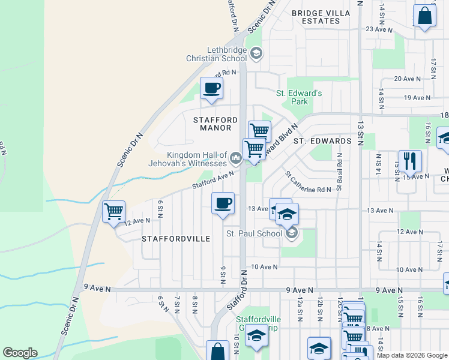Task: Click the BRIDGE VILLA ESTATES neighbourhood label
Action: (x=316, y=17)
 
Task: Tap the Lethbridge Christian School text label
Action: (x=217, y=54)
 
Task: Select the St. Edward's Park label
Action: (x=299, y=97)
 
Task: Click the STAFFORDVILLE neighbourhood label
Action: (x=176, y=239)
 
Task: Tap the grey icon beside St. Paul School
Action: (x=292, y=233)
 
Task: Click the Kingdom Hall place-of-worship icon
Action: (x=236, y=159)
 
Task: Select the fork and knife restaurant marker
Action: (x=409, y=161)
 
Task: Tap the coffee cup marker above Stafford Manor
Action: (x=211, y=89)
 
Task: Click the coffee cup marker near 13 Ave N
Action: (x=223, y=203)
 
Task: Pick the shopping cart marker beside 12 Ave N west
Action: (x=113, y=211)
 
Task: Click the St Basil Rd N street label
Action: (x=339, y=172)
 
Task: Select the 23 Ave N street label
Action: (x=379, y=29)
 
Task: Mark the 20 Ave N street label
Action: (x=406, y=79)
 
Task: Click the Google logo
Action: (x=20, y=353)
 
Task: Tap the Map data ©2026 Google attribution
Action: (x=411, y=355)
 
